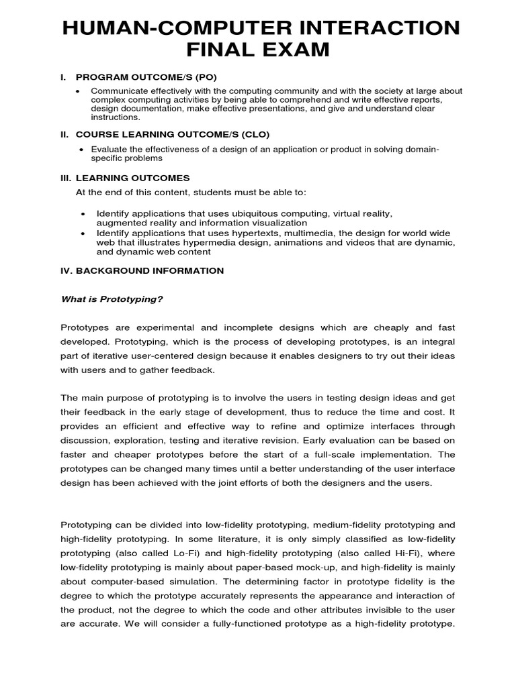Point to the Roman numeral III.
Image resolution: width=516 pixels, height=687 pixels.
67,178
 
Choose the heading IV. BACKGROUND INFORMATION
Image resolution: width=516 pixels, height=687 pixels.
142,270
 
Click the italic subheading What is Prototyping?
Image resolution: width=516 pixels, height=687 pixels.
112,299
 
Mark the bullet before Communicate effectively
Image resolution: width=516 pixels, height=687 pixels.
79,91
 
